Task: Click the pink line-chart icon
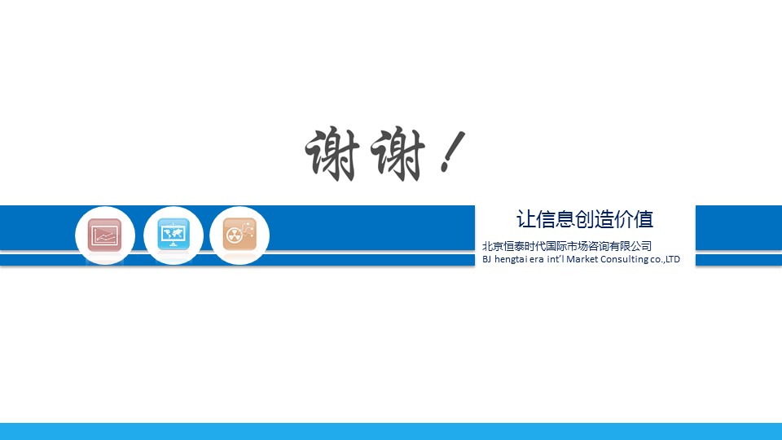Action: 105,235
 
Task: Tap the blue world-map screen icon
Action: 174,234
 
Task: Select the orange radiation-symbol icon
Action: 239,234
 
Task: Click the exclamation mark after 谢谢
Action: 453,152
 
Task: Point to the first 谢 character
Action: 332,154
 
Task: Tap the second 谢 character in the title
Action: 398,154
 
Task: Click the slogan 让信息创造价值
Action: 585,219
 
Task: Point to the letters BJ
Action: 487,259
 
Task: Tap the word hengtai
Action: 512,259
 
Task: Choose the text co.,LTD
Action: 665,259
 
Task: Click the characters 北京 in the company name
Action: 493,246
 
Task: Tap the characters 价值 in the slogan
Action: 634,219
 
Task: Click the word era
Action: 537,259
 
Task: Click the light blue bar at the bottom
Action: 391,432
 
